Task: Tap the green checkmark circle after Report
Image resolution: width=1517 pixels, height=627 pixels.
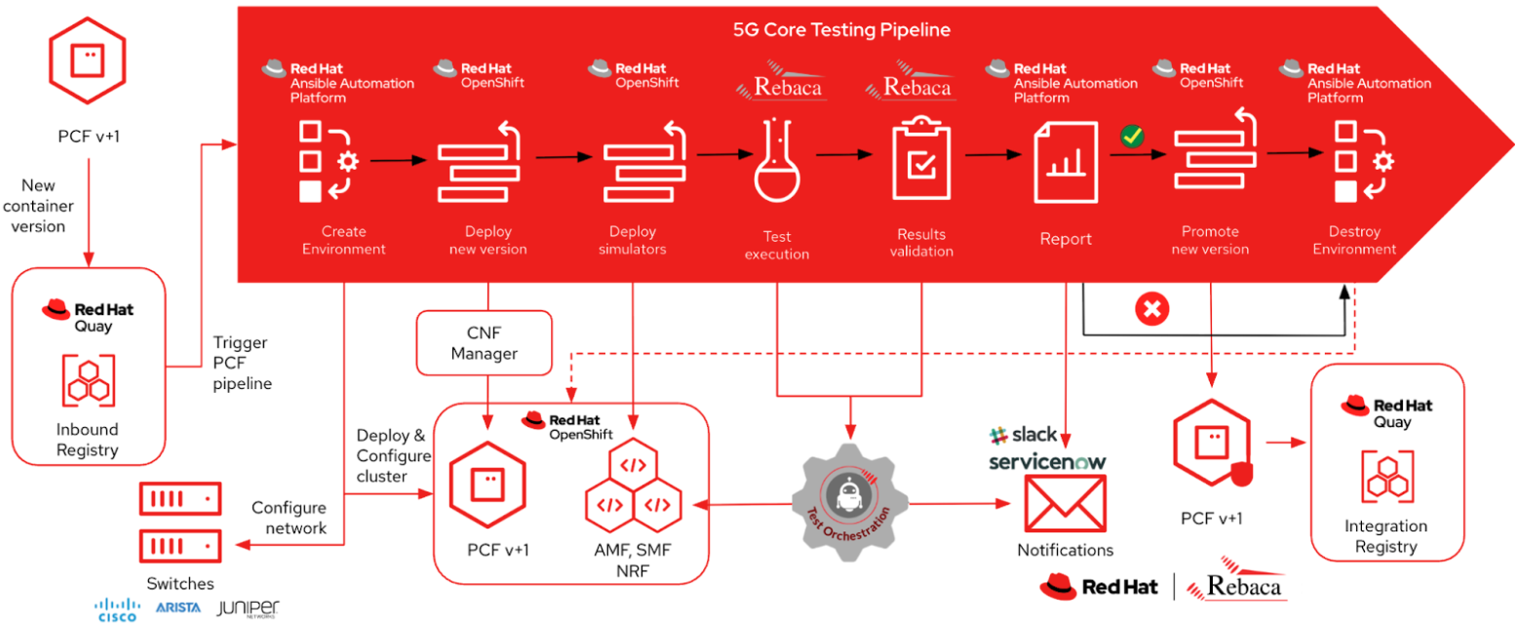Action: click(x=1131, y=137)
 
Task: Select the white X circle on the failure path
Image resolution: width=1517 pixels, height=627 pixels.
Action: click(x=1151, y=310)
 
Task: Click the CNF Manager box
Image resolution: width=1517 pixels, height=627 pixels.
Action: click(x=484, y=343)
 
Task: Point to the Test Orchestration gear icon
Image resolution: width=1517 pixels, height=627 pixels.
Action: click(x=851, y=500)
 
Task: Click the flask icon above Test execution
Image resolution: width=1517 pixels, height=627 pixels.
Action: click(x=776, y=165)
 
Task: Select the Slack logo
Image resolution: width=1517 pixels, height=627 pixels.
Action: click(x=1023, y=434)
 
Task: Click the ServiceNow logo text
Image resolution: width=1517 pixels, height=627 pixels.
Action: click(x=1047, y=461)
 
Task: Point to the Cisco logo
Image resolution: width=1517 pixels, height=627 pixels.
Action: click(x=117, y=609)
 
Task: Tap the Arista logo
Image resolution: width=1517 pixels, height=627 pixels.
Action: click(x=177, y=607)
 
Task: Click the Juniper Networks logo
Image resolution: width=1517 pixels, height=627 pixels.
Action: click(x=248, y=609)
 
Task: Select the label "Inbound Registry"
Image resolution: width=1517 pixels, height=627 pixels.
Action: click(x=87, y=440)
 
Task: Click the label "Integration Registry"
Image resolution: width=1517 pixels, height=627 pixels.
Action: click(x=1385, y=536)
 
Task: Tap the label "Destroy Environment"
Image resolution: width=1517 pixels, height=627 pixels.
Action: click(x=1354, y=240)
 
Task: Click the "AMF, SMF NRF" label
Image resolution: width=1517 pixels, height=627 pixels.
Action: click(x=631, y=558)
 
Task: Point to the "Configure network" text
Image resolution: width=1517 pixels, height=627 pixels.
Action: click(x=289, y=518)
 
